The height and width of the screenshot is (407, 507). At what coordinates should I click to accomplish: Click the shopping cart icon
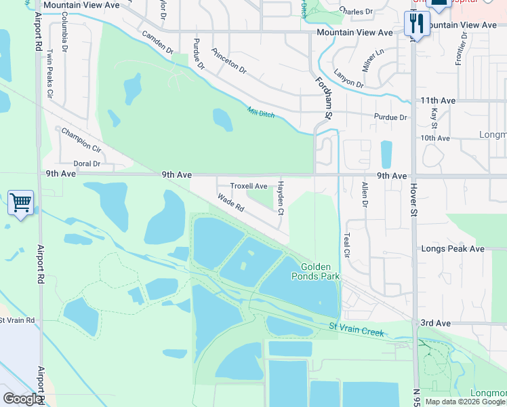(x=20, y=202)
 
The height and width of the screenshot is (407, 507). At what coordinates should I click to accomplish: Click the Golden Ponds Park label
(x=315, y=271)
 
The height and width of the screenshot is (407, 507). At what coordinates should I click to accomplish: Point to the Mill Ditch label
(x=261, y=113)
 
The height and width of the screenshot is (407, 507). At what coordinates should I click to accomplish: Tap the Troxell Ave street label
(x=249, y=186)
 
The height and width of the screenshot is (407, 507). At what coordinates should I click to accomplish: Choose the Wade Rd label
(x=230, y=203)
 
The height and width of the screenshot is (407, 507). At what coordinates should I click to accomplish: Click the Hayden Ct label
(x=280, y=198)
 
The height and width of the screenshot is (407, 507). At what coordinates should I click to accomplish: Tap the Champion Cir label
(x=81, y=139)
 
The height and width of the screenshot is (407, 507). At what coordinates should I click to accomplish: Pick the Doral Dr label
(x=87, y=163)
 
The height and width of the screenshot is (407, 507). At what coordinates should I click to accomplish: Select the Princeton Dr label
(x=228, y=60)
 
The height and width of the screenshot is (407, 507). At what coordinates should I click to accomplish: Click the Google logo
(x=22, y=399)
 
